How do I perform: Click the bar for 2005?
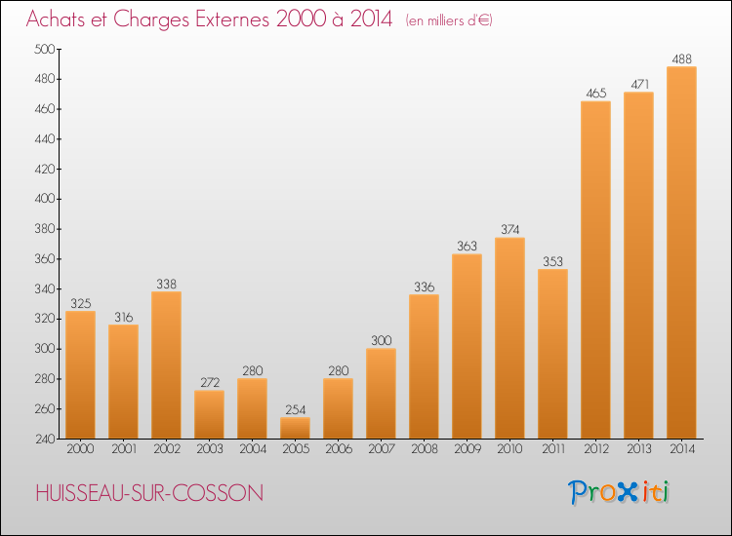295,428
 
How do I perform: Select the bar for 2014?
681,252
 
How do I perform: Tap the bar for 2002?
166,364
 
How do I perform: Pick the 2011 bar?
552,354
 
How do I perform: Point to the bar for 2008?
424,366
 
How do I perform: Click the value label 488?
681,59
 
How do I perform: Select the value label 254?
295,409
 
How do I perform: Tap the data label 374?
509,230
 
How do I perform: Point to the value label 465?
595,94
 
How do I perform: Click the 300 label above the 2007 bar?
381,341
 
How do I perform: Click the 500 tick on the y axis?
44,49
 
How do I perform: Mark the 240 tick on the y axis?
45,440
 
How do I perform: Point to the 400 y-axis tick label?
44,199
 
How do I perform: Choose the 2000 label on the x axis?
80,449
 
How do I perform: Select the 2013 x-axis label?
638,449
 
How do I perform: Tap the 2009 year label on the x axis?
467,449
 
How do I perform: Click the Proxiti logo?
618,492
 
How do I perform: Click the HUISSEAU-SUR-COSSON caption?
149,493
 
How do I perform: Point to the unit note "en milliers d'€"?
449,20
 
